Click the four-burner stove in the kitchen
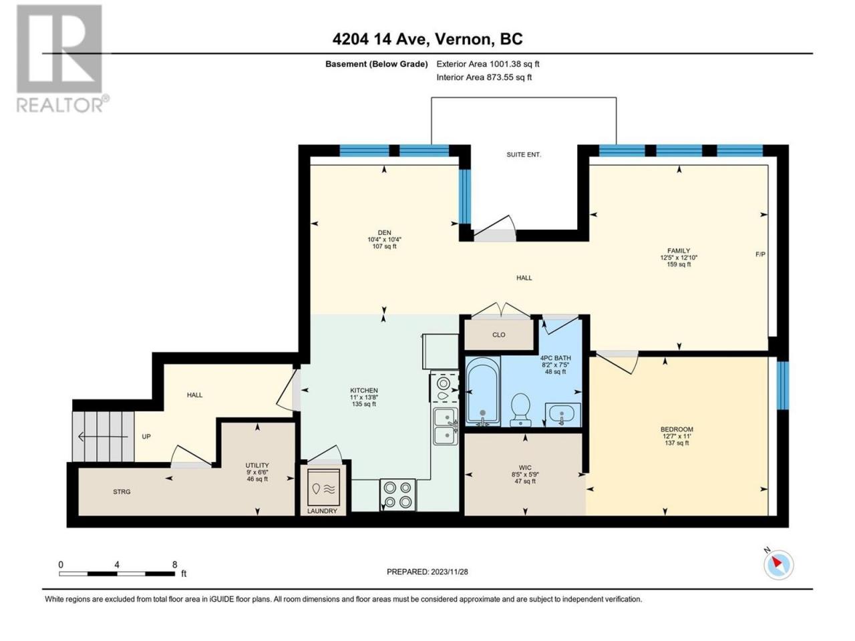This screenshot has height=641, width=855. [397, 494]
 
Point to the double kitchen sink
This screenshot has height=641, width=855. [446, 426]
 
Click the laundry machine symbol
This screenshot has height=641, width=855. [323, 487]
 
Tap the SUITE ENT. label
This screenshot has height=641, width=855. [524, 154]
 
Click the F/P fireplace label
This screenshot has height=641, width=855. [760, 254]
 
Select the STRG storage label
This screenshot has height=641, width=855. [122, 491]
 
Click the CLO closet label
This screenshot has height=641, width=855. [498, 335]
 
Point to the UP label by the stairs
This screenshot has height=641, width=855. [146, 436]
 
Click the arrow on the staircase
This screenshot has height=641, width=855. [103, 437]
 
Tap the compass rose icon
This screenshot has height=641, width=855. [778, 565]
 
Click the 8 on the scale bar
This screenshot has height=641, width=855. [174, 564]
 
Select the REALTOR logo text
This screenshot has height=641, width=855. [62, 104]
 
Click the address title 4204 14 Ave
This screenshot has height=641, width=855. [381, 39]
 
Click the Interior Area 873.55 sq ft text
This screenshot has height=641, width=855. [484, 77]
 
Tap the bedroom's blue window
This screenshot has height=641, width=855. [782, 385]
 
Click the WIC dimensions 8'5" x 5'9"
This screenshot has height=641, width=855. [524, 475]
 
